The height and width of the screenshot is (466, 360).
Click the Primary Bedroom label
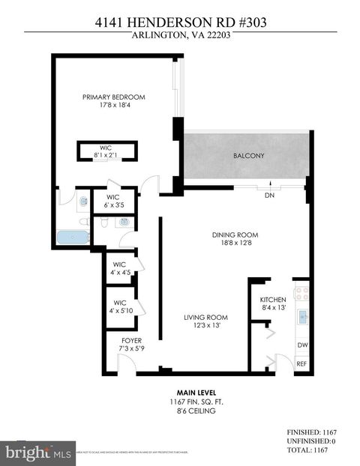coord(113,97)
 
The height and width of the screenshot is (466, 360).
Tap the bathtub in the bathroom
coord(73,237)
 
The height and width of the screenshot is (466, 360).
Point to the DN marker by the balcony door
coord(270,196)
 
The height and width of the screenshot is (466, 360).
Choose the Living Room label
coord(205,317)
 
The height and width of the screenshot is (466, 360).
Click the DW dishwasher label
coord(302,345)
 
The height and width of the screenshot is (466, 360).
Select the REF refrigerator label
coord(301,363)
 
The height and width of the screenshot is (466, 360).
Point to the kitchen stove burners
coord(301,293)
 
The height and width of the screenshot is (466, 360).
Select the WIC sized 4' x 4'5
coord(119,268)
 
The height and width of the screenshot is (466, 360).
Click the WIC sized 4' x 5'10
coord(119,307)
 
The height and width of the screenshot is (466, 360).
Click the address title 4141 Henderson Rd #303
coord(180,22)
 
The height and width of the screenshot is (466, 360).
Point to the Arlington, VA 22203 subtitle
coord(180,36)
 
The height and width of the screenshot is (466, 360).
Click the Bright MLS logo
coord(37,453)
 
